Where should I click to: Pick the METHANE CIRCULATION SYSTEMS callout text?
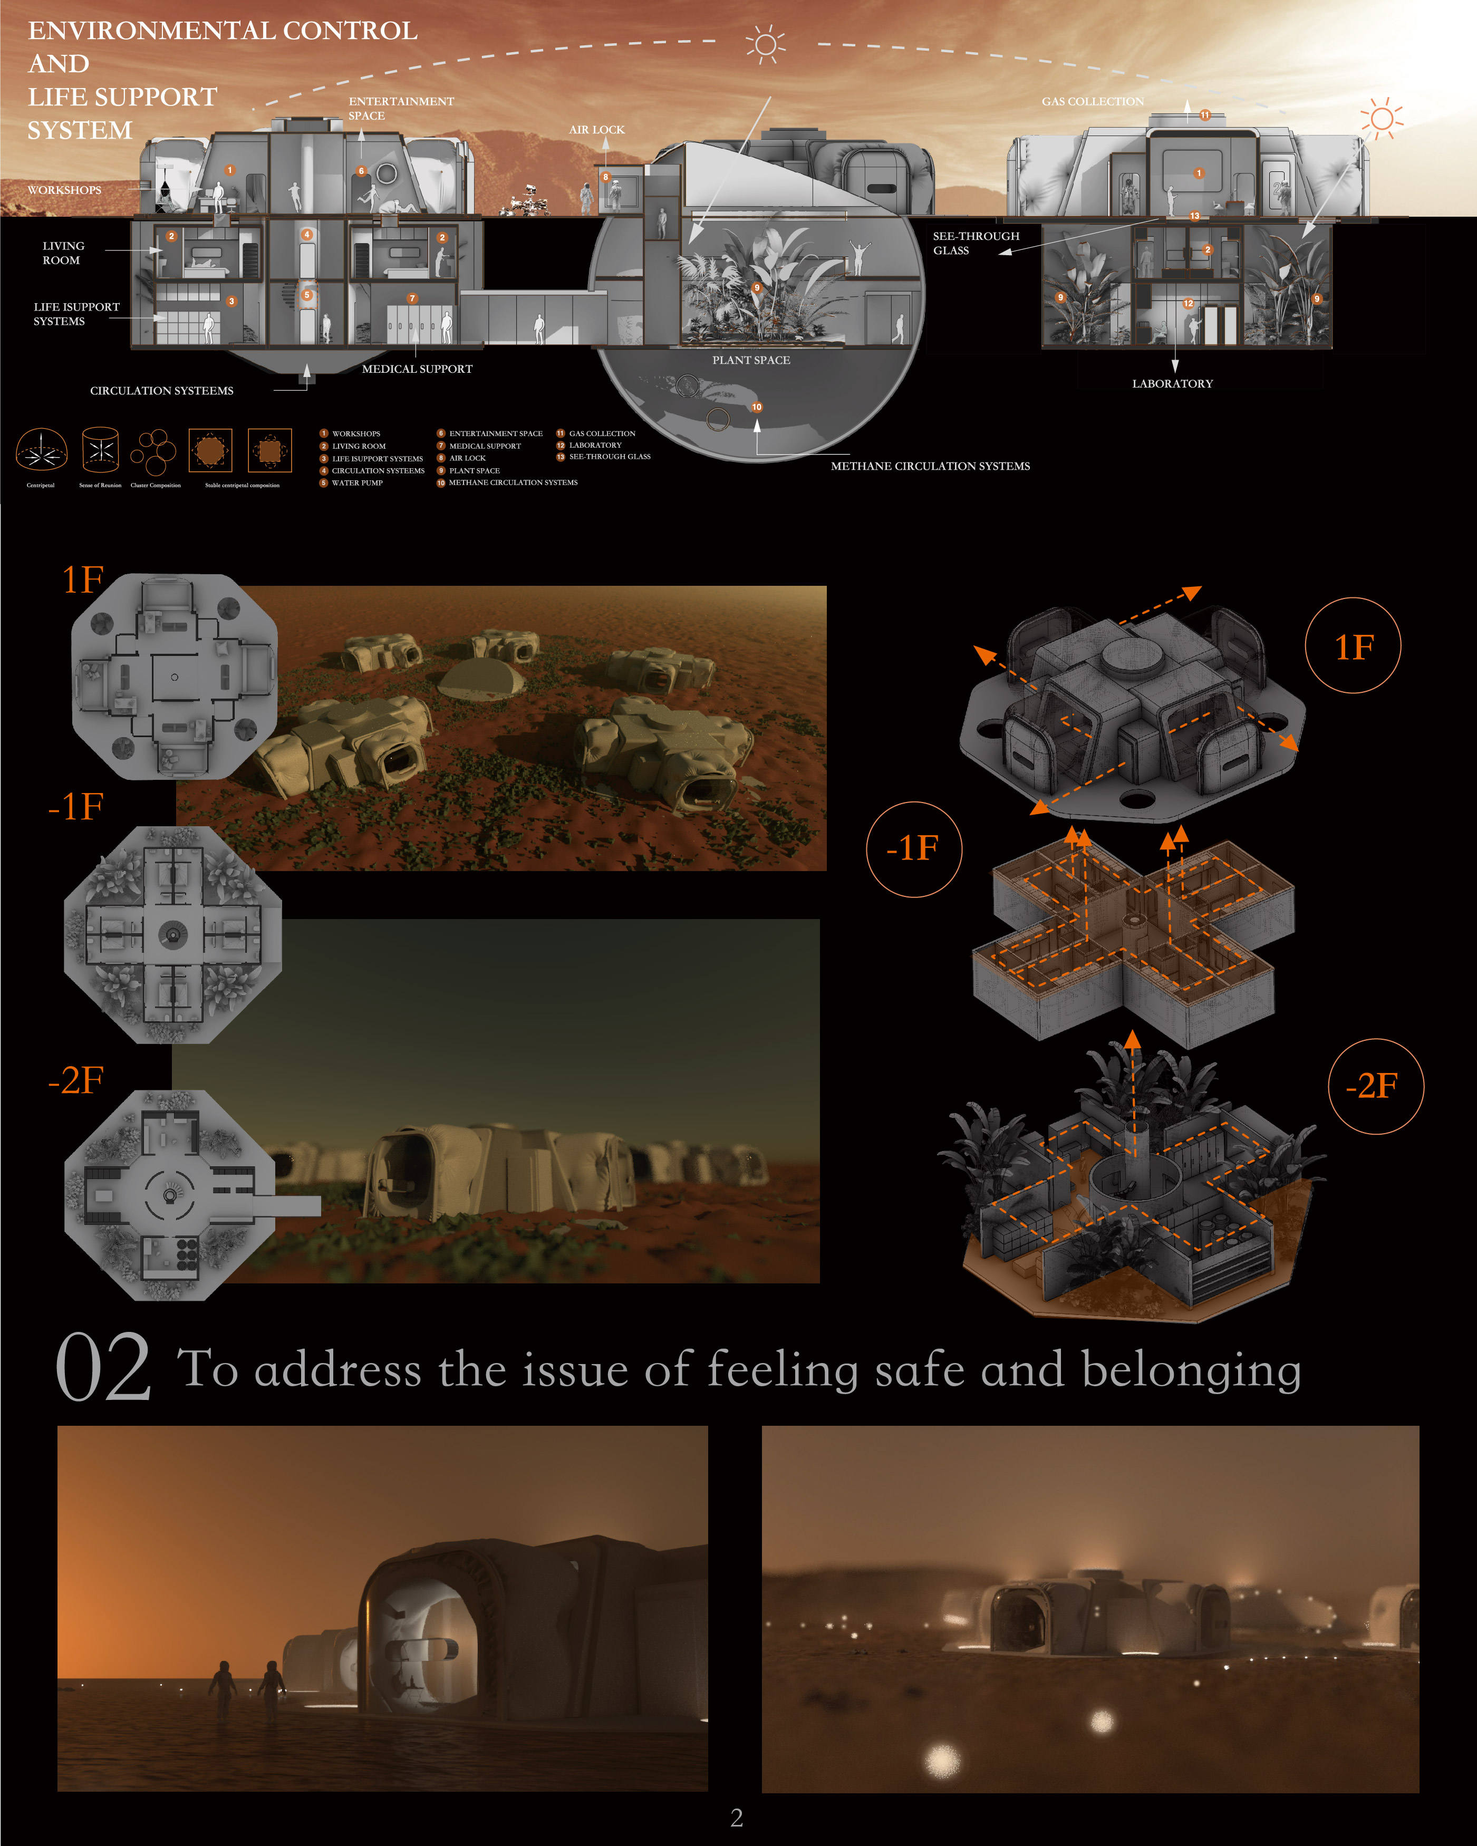click(929, 466)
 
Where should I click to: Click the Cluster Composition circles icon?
click(154, 451)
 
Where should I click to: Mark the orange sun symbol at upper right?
click(1381, 118)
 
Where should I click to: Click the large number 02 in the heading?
click(103, 1367)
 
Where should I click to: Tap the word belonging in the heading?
click(1191, 1370)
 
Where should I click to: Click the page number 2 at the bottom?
click(736, 1817)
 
